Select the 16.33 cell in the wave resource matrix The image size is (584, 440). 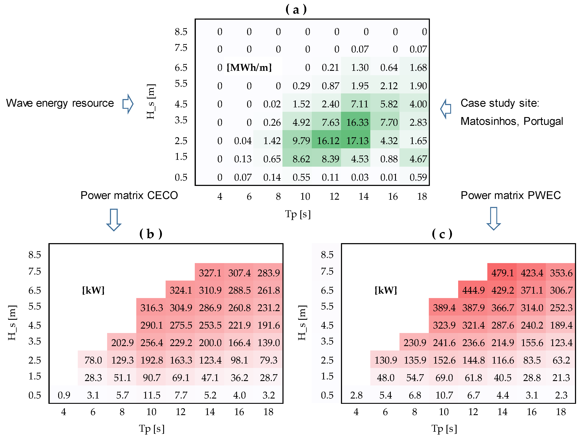[x=357, y=122]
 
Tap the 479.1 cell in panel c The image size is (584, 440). [x=502, y=273]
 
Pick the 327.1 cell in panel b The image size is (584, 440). [x=210, y=273]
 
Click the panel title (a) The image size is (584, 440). [x=296, y=10]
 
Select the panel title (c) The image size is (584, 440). [x=442, y=234]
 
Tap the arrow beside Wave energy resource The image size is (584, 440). [x=128, y=104]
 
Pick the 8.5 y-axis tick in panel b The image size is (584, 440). [x=35, y=255]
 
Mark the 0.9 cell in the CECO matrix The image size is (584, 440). [x=64, y=395]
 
